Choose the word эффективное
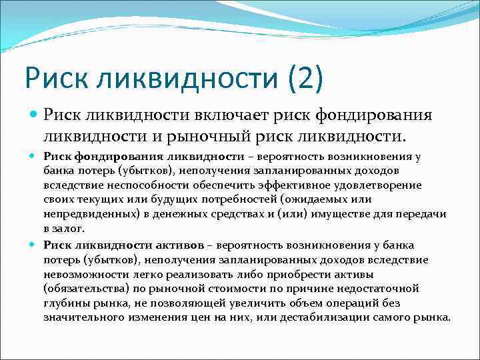tap(299, 185)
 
